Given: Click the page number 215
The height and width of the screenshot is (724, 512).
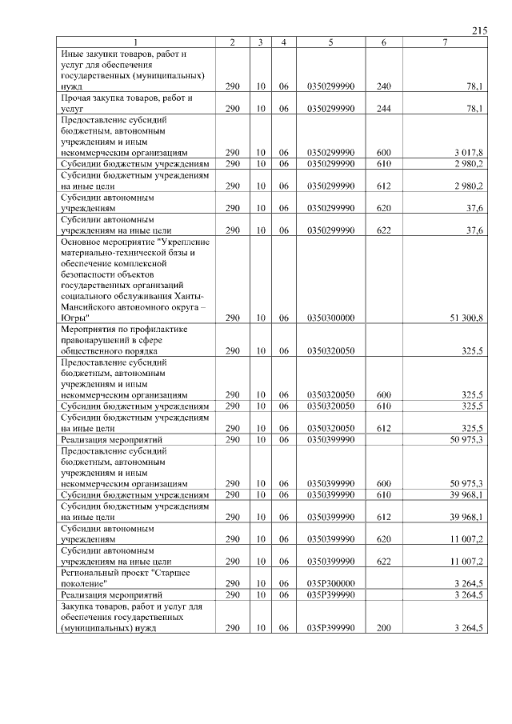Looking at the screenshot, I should [x=479, y=31].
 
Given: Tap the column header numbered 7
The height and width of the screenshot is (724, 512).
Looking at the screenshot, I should [x=444, y=42].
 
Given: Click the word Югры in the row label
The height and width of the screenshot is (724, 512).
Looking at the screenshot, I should [x=74, y=318].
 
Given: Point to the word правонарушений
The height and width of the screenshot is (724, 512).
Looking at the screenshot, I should [x=95, y=340].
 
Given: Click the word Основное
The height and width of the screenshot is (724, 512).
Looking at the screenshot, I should [x=84, y=241].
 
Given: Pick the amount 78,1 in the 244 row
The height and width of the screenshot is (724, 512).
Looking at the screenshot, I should [x=473, y=107].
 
